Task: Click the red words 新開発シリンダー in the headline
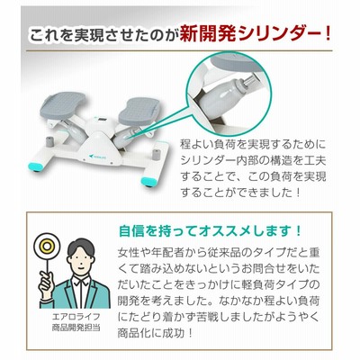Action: (x=256, y=35)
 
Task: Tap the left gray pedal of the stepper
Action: (x=63, y=104)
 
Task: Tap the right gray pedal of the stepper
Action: (x=139, y=111)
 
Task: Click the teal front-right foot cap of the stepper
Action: (x=149, y=181)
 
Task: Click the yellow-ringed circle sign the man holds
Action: (x=47, y=247)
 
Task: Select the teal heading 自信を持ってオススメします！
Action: (x=210, y=231)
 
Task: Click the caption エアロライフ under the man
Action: (x=76, y=317)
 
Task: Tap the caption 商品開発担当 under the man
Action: (x=76, y=328)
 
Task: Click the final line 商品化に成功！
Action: (x=155, y=333)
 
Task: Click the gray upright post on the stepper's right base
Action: (x=156, y=153)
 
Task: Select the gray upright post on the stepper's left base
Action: (x=49, y=141)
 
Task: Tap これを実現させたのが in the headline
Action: (x=103, y=35)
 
